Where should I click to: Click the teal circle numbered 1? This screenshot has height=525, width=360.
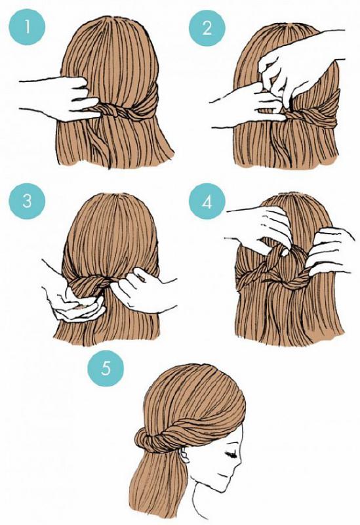pyautogui.click(x=27, y=27)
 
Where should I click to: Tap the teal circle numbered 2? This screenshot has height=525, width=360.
pyautogui.click(x=207, y=28)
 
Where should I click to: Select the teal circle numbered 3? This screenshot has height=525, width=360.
pyautogui.click(x=27, y=201)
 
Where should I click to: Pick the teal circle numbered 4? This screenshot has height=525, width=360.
pyautogui.click(x=207, y=201)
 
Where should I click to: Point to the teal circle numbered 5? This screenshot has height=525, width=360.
pyautogui.click(x=106, y=368)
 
